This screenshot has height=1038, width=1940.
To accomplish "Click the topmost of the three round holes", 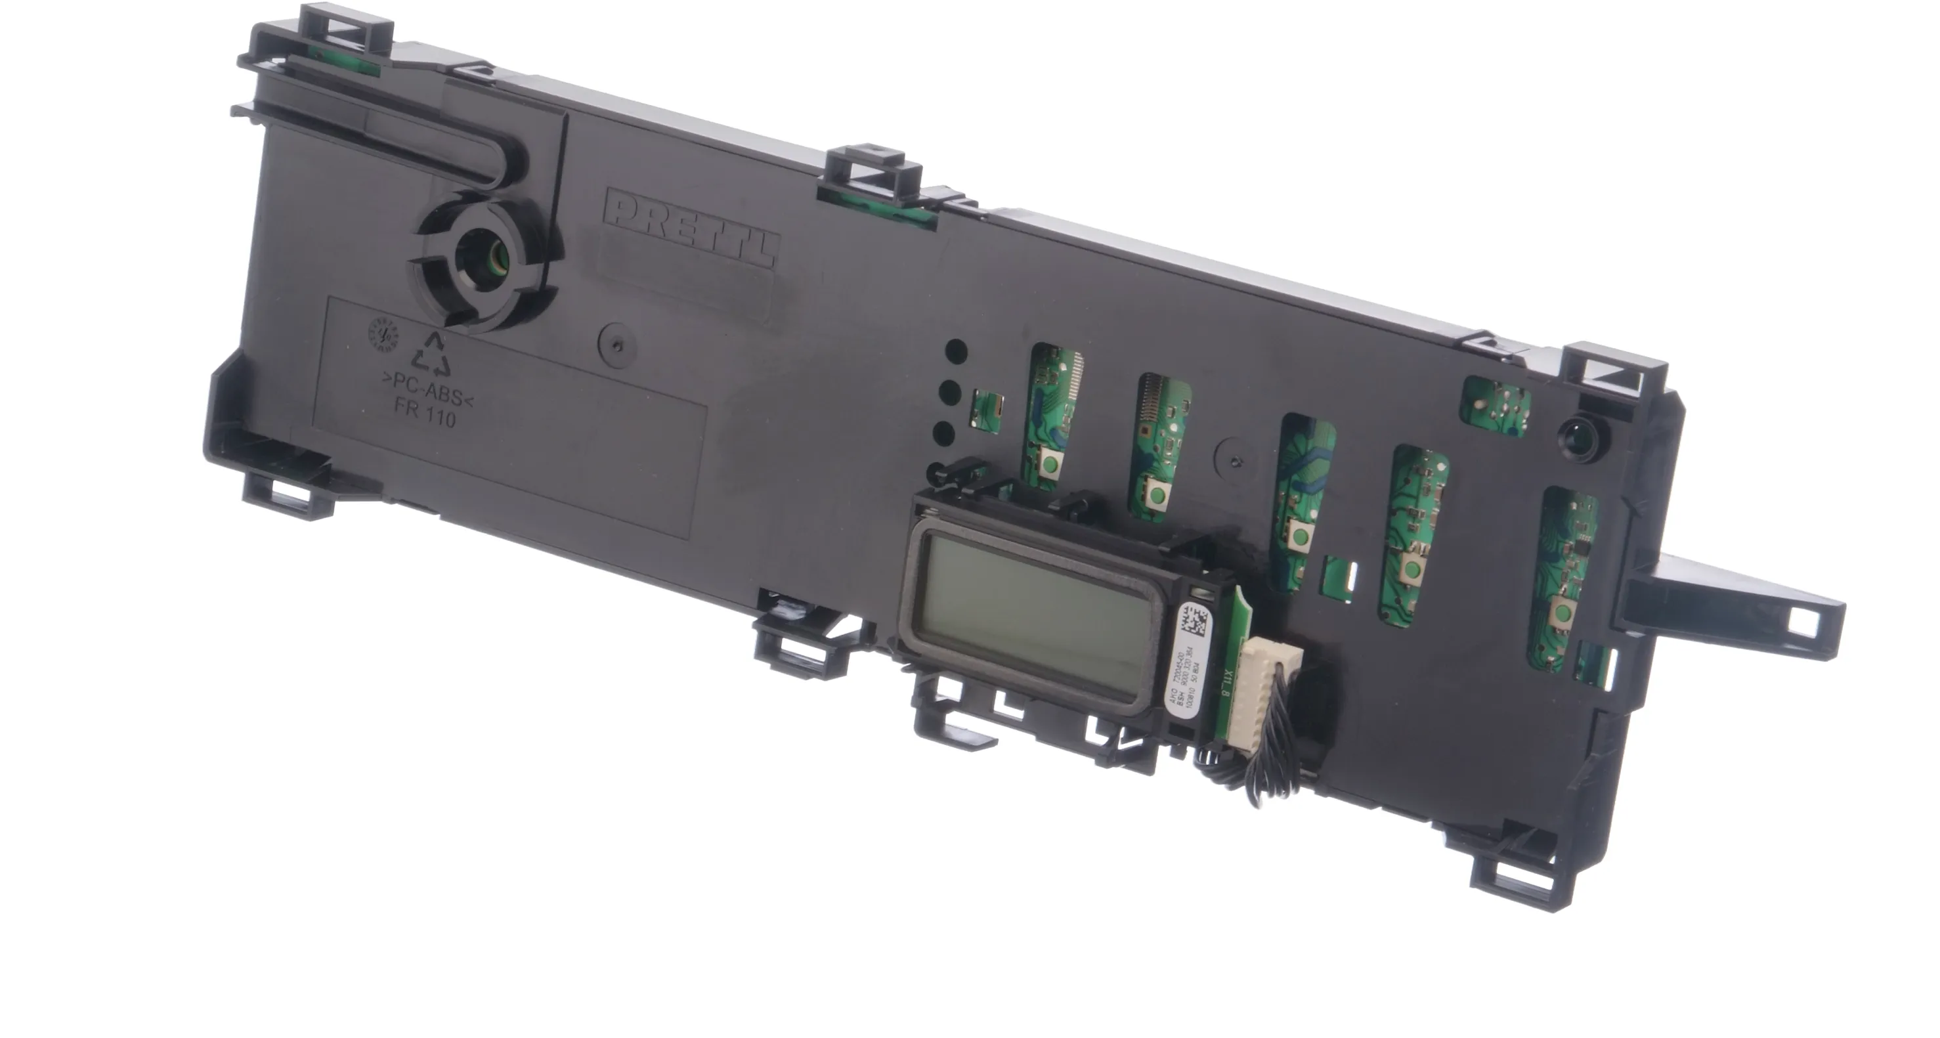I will (x=956, y=351).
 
